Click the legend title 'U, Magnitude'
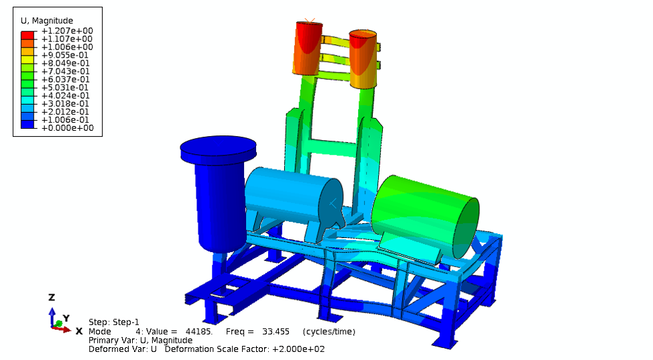click(x=47, y=21)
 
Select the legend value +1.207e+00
click(x=67, y=31)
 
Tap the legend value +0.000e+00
click(x=67, y=128)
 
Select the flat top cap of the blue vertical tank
click(x=219, y=147)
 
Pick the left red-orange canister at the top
click(x=308, y=48)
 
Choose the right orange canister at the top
click(x=363, y=59)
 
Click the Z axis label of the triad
click(x=52, y=297)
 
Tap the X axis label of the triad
click(x=78, y=331)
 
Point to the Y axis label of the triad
click(x=66, y=318)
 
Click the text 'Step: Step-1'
click(x=114, y=322)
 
